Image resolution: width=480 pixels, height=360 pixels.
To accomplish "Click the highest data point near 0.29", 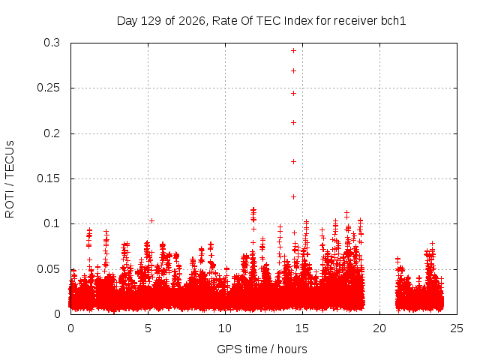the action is pyautogui.click(x=293, y=51).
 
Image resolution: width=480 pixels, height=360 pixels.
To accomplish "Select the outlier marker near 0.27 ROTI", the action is pyautogui.click(x=293, y=71).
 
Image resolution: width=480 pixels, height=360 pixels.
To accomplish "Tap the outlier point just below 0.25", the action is pyautogui.click(x=293, y=93).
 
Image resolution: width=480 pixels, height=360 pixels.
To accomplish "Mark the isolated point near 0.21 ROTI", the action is pyautogui.click(x=293, y=123).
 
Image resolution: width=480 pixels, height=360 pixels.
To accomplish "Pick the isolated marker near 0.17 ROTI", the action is pyautogui.click(x=293, y=162).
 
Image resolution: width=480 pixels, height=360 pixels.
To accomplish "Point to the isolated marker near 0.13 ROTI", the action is pyautogui.click(x=293, y=196).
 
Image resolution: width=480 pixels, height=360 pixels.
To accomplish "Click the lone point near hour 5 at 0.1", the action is pyautogui.click(x=151, y=221).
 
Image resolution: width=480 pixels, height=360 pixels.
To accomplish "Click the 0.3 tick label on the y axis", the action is pyautogui.click(x=52, y=43).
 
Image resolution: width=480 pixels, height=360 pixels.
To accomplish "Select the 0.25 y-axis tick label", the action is pyautogui.click(x=48, y=88).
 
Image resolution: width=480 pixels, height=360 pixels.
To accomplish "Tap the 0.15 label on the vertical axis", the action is pyautogui.click(x=48, y=178).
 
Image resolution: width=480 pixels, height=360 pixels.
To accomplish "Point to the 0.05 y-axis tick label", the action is pyautogui.click(x=48, y=269).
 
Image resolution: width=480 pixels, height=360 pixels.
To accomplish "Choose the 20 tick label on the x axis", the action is pyautogui.click(x=379, y=328).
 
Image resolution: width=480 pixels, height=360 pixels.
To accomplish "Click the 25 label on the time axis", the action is pyautogui.click(x=457, y=328).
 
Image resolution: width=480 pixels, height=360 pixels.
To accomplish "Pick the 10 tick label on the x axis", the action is pyautogui.click(x=225, y=328).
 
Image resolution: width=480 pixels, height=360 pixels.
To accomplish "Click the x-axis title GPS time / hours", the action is pyautogui.click(x=262, y=349).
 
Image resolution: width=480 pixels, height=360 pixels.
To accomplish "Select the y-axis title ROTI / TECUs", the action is pyautogui.click(x=10, y=179).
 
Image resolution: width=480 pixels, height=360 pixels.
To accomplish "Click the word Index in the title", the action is pyautogui.click(x=298, y=21).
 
